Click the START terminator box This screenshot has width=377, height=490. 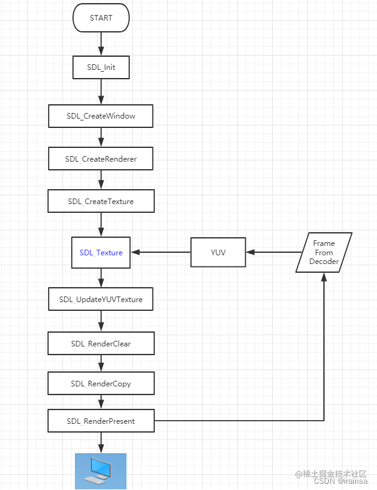point(101,18)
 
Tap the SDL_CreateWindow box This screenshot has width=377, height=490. point(101,116)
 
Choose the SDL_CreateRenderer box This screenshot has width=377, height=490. point(101,159)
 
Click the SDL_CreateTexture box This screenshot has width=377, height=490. point(101,202)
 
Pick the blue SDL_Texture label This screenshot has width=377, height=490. point(101,253)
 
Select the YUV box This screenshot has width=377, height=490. point(218,253)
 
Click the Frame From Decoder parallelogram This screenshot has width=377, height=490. point(323,252)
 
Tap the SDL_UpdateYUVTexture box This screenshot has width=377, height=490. point(101,299)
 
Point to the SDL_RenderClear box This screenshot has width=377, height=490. point(101,343)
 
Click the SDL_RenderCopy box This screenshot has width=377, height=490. point(101,383)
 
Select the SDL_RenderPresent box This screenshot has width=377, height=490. point(101,421)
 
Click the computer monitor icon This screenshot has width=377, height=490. point(100,471)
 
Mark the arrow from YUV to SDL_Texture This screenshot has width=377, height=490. point(160,252)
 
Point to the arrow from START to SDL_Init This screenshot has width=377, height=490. point(101,43)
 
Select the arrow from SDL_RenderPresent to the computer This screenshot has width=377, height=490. point(101,442)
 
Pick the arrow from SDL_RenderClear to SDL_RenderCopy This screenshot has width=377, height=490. point(101,363)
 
